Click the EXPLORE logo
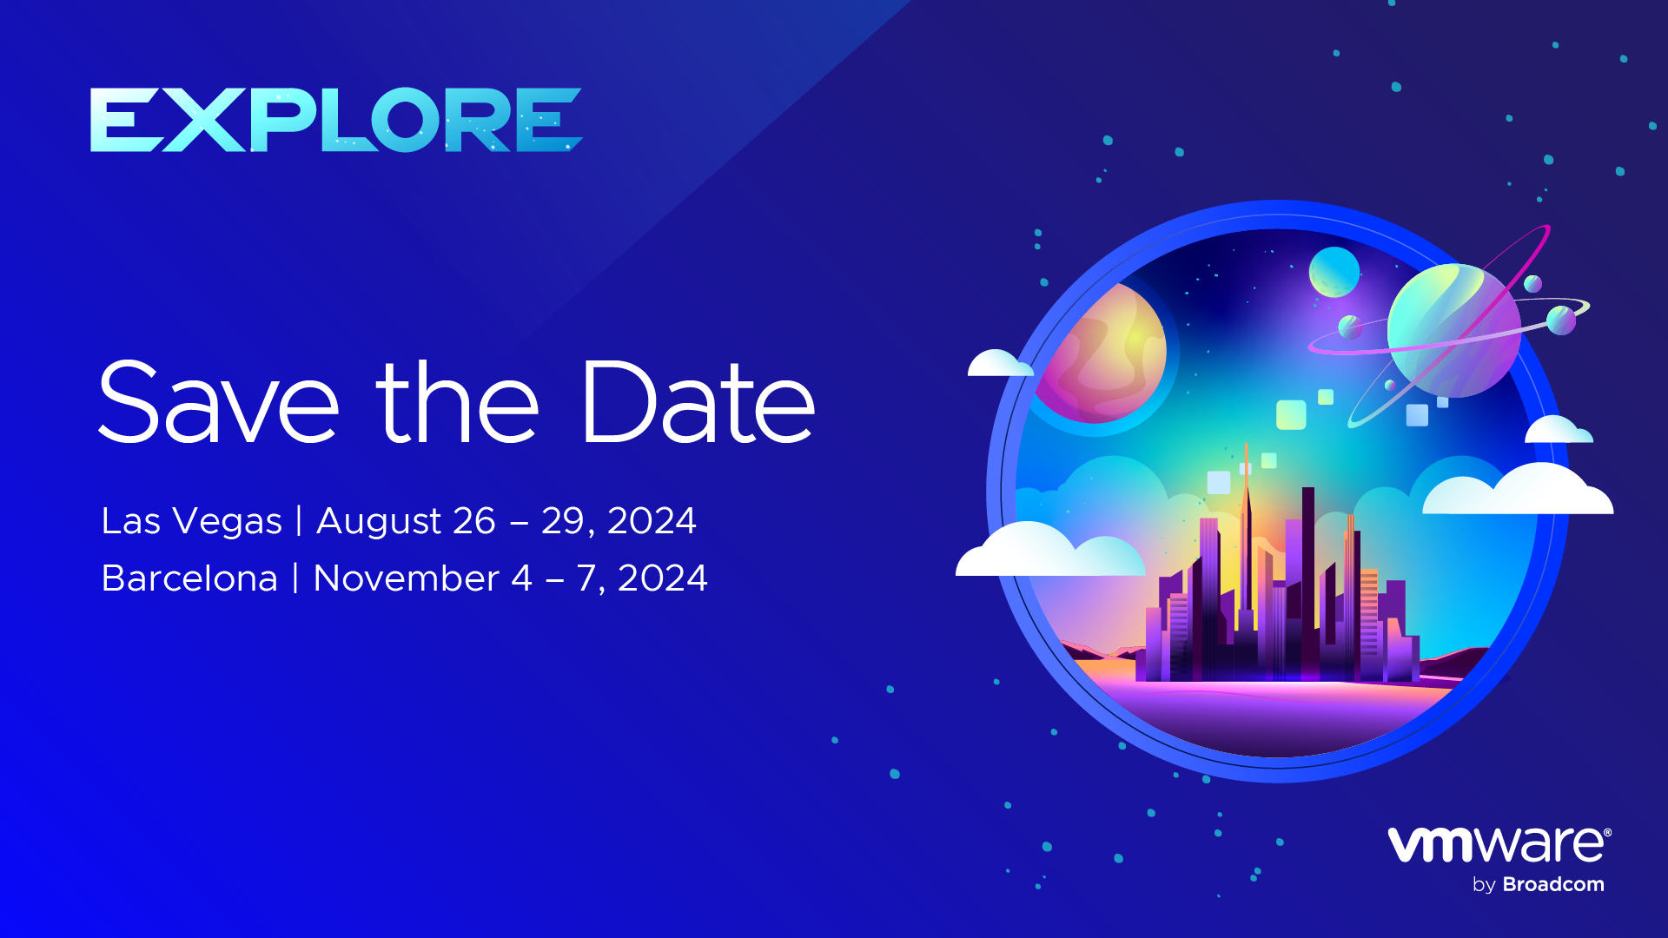pos(336,120)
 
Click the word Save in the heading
pos(218,402)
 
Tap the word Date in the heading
pos(698,402)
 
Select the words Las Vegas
pos(192,521)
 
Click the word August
pos(379,521)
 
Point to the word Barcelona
pos(189,578)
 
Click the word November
pos(406,578)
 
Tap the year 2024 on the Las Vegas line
pos(652,521)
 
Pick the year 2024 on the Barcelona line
pos(663,578)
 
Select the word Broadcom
pos(1553,884)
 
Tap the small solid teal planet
pos(1334,272)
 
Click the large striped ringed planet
pos(1453,331)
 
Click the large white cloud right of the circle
pos(1519,490)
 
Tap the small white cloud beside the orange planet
pos(1000,364)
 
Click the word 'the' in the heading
pos(458,402)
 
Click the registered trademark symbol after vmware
pos(1607,832)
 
